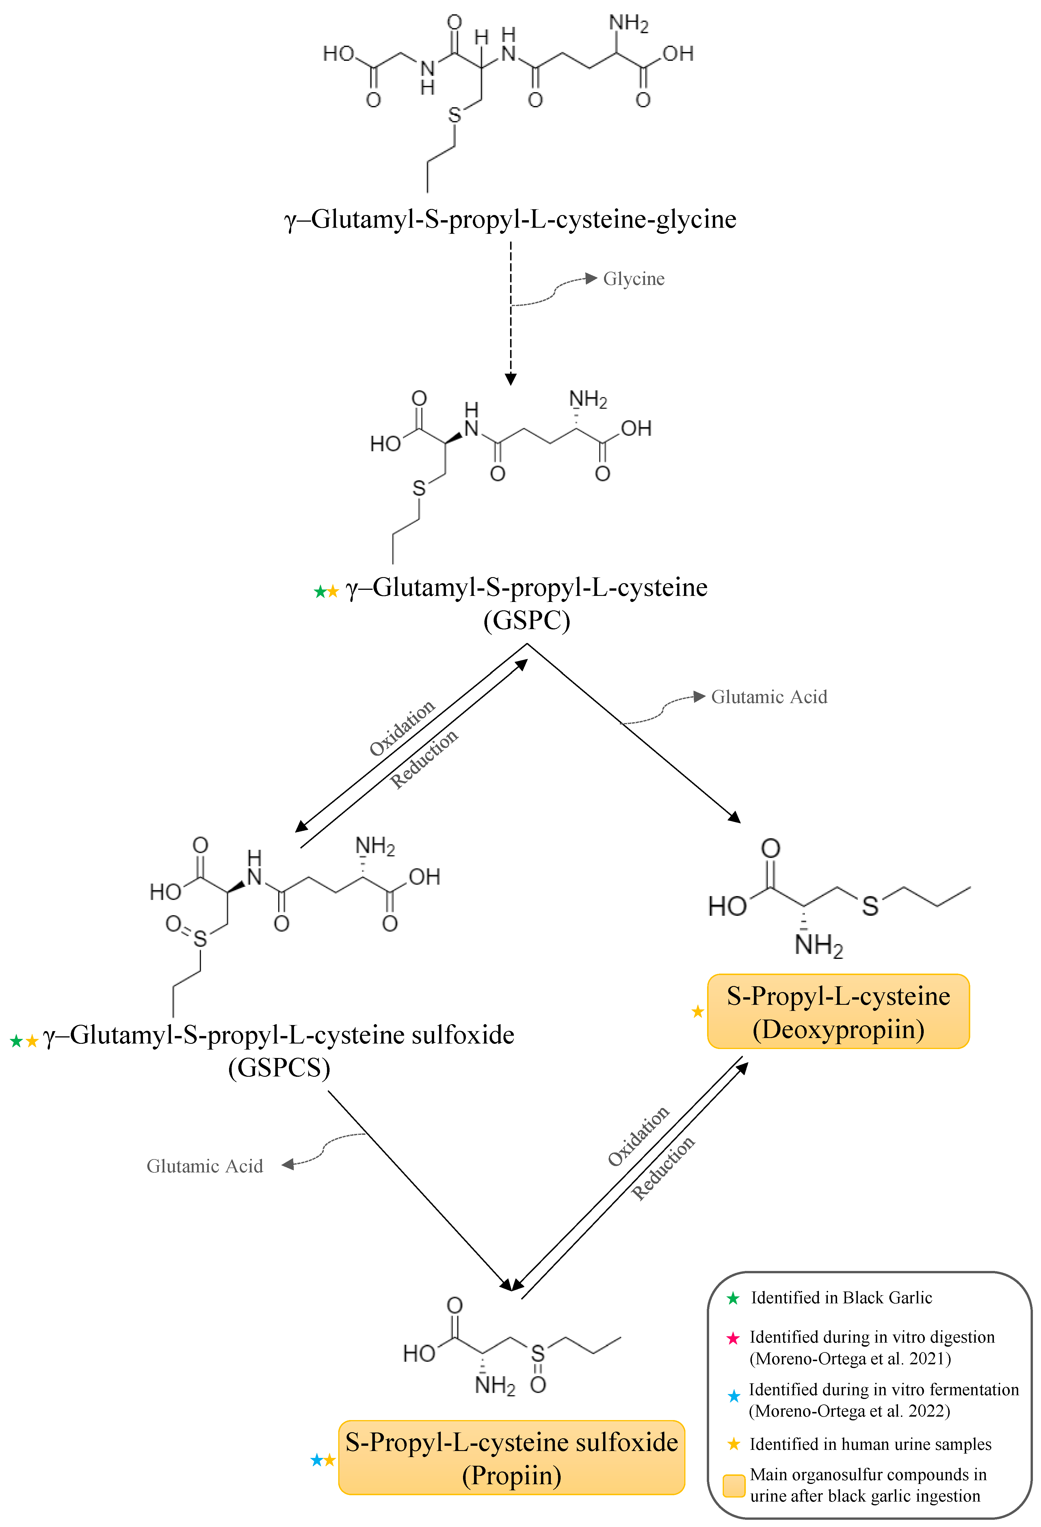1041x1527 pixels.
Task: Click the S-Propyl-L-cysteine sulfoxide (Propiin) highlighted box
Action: (512, 1457)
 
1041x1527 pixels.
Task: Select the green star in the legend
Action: (733, 1298)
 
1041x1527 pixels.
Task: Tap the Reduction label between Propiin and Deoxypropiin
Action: (663, 1168)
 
